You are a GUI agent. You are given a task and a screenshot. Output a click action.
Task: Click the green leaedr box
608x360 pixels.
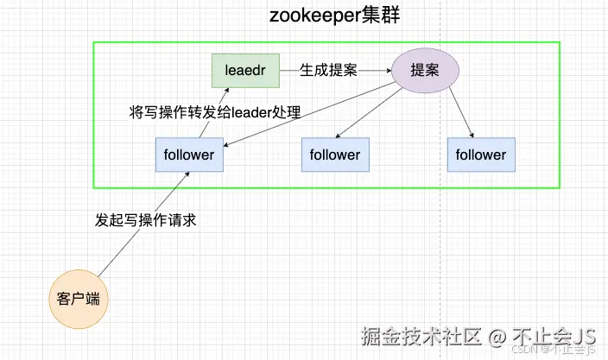click(246, 70)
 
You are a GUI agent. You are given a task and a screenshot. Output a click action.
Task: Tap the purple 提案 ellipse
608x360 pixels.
click(425, 70)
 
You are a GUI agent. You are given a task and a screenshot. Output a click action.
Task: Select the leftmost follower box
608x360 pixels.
click(189, 155)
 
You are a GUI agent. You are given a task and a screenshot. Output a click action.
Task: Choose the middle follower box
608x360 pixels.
click(335, 155)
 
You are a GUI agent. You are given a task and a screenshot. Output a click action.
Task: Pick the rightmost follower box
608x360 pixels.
click(481, 155)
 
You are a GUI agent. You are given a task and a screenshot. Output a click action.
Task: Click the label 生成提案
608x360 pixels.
click(328, 70)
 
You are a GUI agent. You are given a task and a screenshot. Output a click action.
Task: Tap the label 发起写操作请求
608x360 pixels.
click(146, 219)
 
